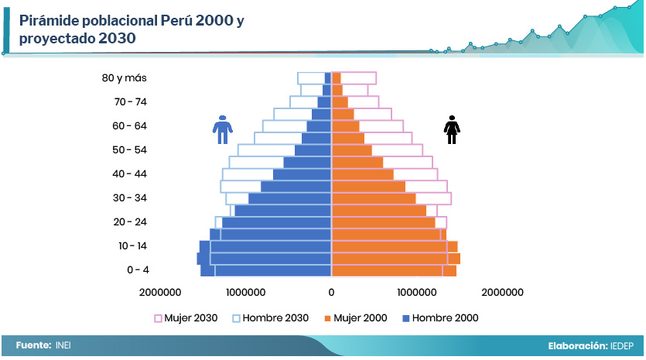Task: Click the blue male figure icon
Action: pyautogui.click(x=222, y=129)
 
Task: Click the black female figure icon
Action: pyautogui.click(x=451, y=129)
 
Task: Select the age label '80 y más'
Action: pyautogui.click(x=124, y=77)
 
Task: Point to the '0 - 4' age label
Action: pyautogui.click(x=138, y=269)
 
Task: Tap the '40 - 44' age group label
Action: pyautogui.click(x=130, y=173)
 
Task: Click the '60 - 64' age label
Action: pyautogui.click(x=130, y=125)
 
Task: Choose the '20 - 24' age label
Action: pyautogui.click(x=130, y=221)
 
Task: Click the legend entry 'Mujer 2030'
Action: pyautogui.click(x=186, y=317)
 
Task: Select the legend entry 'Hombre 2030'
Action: pyautogui.click(x=270, y=317)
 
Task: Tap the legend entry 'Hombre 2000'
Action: pyautogui.click(x=441, y=317)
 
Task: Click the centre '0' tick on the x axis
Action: pyautogui.click(x=331, y=292)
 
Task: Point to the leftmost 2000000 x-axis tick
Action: pyautogui.click(x=160, y=292)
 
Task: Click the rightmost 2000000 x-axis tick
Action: pyautogui.click(x=502, y=292)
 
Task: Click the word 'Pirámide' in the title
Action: pyautogui.click(x=51, y=22)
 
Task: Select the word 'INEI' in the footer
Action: pyautogui.click(x=63, y=345)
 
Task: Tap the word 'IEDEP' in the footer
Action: pyautogui.click(x=623, y=345)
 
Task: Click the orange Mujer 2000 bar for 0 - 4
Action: pyautogui.click(x=393, y=270)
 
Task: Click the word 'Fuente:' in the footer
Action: pyautogui.click(x=33, y=345)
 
